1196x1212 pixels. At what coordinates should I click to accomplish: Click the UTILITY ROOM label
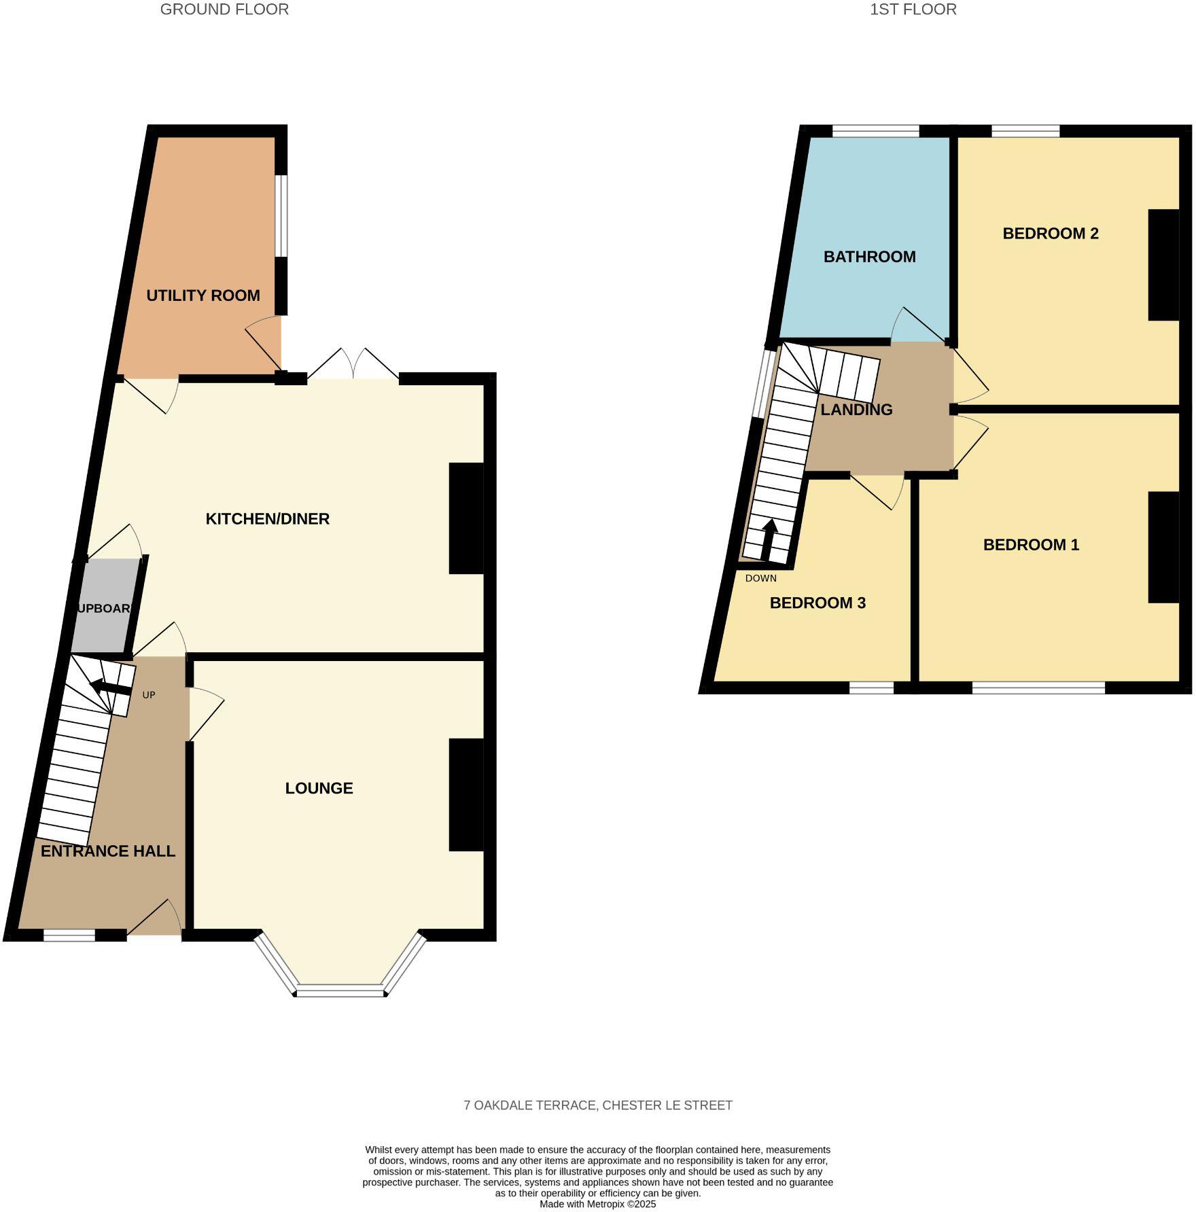203,296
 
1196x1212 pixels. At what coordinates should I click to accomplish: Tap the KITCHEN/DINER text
268,519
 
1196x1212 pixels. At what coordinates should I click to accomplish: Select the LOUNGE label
319,788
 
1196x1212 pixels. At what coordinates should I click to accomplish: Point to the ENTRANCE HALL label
108,851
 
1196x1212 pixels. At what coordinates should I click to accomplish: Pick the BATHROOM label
869,257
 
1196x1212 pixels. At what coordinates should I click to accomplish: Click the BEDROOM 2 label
1050,234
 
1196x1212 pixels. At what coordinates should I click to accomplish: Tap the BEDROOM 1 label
1031,545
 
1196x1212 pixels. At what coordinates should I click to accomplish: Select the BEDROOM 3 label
817,603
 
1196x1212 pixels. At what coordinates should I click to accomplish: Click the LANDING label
856,410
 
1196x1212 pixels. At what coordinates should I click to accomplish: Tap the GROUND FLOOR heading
224,10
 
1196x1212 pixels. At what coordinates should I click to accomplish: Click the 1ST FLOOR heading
913,10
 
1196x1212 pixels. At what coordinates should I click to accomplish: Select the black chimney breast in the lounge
466,794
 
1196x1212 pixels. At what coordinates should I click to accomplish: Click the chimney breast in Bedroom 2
1163,264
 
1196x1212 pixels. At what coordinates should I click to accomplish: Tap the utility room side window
281,216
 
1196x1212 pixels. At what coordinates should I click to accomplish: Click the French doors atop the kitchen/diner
353,366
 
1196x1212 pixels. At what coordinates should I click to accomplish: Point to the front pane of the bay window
340,992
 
